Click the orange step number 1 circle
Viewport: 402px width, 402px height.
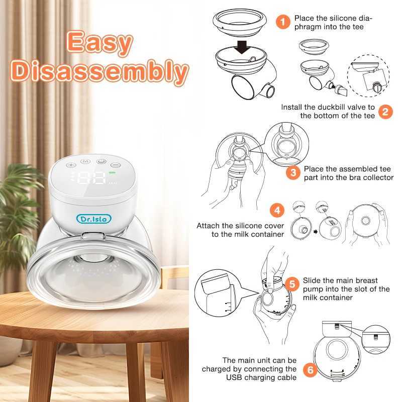[283, 22]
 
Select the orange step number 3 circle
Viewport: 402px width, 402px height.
[293, 173]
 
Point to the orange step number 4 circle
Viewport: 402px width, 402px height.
[275, 210]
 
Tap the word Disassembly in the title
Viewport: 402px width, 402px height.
[100, 72]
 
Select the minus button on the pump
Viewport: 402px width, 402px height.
[117, 164]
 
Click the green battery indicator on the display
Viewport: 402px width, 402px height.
[112, 173]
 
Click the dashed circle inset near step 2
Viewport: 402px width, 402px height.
[372, 76]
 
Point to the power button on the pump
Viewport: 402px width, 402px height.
[102, 162]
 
